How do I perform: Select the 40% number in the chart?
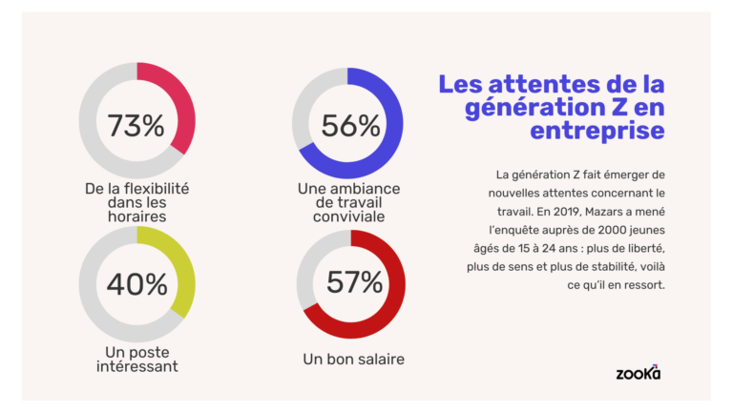click(136, 283)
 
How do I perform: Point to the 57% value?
click(353, 282)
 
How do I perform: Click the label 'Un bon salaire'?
click(353, 360)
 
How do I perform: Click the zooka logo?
click(639, 372)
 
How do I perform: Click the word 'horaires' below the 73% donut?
click(136, 216)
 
